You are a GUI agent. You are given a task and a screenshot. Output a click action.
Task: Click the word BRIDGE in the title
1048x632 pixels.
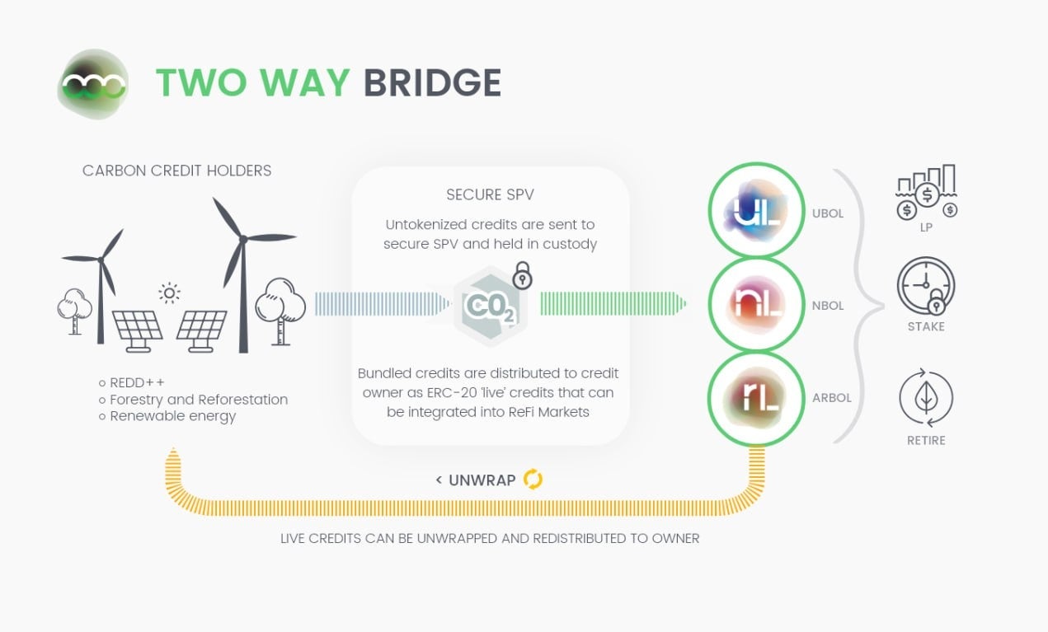tap(432, 83)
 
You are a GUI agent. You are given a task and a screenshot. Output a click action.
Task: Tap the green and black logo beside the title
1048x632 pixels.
tap(93, 84)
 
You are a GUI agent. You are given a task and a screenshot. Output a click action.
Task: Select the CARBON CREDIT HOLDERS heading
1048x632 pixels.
tap(176, 171)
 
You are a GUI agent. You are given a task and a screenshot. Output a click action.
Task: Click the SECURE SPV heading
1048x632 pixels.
tap(490, 195)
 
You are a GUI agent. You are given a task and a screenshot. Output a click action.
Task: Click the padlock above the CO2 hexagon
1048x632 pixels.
tap(522, 276)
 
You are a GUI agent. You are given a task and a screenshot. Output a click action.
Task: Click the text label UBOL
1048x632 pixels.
tap(827, 213)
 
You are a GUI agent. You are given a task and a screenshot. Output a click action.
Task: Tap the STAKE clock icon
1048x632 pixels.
tap(925, 286)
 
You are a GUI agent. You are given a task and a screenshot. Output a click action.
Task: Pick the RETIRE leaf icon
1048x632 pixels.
tap(925, 399)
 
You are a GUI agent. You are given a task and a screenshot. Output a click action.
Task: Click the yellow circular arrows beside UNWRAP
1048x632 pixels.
tap(533, 480)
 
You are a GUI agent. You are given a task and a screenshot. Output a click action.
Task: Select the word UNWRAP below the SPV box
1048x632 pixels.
tap(482, 480)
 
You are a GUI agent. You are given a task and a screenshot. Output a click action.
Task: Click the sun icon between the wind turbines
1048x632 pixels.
tap(170, 293)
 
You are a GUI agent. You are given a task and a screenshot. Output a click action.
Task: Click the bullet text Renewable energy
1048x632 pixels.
tap(172, 416)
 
